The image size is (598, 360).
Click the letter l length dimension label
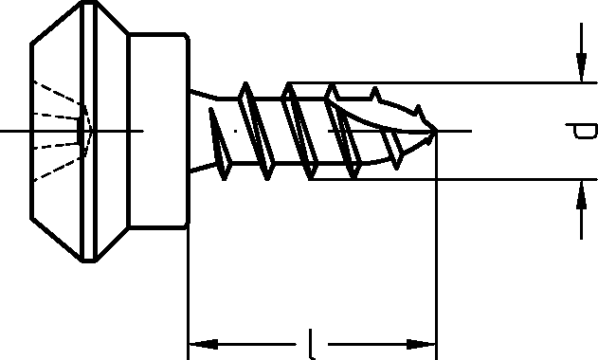312,344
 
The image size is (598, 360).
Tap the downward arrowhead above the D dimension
581,67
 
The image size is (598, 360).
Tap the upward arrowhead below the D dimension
581,194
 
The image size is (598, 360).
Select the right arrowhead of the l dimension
421,344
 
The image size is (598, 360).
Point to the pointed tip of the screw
437,131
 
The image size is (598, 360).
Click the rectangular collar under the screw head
158,131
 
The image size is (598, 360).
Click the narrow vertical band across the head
88,131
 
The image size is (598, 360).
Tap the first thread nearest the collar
220,144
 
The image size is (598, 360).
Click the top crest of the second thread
245,84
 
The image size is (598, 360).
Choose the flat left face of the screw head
31,131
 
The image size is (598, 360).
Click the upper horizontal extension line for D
443,82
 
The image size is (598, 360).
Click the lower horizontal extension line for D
453,179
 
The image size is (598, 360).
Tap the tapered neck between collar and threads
204,131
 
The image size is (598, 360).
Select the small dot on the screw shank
236,131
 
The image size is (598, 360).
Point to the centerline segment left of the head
15,131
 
